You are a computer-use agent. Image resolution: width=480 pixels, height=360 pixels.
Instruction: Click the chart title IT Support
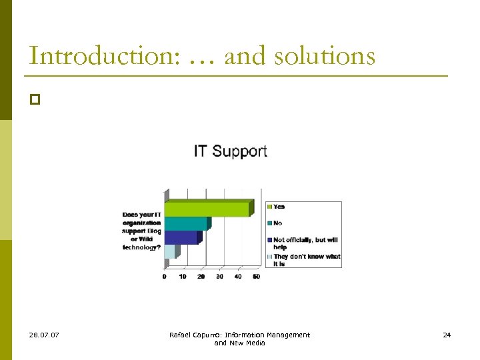[230, 151]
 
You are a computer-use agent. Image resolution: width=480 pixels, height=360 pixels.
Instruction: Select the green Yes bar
[207, 209]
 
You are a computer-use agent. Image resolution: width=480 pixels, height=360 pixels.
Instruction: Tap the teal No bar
[186, 223]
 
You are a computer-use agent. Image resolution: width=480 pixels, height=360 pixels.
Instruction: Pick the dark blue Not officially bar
[181, 237]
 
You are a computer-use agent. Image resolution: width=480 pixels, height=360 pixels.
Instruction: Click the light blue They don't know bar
[170, 251]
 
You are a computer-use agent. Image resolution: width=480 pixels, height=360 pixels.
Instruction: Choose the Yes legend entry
[278, 207]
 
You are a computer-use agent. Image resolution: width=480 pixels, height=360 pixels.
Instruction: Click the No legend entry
[277, 223]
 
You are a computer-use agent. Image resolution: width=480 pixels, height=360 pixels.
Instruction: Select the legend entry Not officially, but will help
[305, 243]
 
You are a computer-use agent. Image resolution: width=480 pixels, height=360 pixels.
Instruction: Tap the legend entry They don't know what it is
[306, 260]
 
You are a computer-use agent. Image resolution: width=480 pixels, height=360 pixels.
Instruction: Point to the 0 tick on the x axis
[165, 277]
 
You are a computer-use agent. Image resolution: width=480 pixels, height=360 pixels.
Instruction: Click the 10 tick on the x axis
[183, 277]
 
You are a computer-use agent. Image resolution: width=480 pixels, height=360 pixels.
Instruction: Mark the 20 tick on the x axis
[201, 277]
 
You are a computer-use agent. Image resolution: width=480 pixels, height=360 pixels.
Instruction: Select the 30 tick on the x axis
[219, 277]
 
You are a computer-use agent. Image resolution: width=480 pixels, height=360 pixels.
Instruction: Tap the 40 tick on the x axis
[238, 277]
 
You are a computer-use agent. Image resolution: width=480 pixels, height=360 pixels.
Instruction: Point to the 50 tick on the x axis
[256, 277]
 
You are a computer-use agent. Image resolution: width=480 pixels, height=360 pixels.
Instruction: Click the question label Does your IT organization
[141, 231]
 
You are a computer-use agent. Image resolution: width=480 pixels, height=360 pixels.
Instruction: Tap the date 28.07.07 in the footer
[44, 335]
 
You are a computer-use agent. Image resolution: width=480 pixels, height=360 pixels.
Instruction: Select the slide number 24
[447, 335]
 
